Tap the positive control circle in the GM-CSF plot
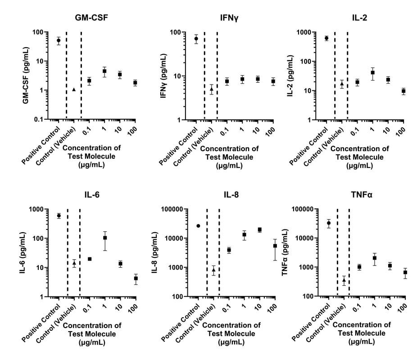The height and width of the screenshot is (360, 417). pyautogui.click(x=59, y=40)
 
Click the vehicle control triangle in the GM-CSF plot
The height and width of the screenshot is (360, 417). pyautogui.click(x=74, y=90)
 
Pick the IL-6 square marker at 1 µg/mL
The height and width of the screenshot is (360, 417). pyautogui.click(x=105, y=238)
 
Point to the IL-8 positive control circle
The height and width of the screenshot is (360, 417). pyautogui.click(x=198, y=226)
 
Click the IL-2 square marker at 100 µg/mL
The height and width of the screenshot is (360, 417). pyautogui.click(x=404, y=91)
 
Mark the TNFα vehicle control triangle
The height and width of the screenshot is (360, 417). pyautogui.click(x=344, y=280)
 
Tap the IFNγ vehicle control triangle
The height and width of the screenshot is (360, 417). pyautogui.click(x=212, y=89)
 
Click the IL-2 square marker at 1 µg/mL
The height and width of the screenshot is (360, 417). pyautogui.click(x=373, y=72)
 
